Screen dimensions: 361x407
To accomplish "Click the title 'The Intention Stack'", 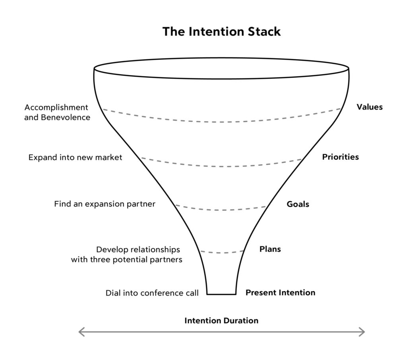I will [221, 32].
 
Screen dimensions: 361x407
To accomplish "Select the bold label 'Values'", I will [369, 107].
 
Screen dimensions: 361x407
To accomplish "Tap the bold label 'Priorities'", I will [340, 157].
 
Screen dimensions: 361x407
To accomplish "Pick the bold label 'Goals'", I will [298, 205].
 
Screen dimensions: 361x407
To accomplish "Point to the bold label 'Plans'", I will [270, 249].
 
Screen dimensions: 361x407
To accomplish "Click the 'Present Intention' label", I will [280, 293].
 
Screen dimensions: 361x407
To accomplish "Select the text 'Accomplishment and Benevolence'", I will [57, 112].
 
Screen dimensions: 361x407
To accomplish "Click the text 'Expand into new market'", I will [75, 158].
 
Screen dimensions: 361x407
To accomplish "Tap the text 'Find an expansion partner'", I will [105, 204].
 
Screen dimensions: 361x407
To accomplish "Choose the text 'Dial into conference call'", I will [152, 293].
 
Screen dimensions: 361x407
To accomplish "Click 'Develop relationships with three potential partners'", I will [126, 255].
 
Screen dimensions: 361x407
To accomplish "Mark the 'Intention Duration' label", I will [221, 320].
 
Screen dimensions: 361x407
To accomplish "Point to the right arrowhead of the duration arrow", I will [362, 332].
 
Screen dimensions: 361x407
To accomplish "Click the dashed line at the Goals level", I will [221, 210].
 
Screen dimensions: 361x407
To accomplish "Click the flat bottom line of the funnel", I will [221, 294].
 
